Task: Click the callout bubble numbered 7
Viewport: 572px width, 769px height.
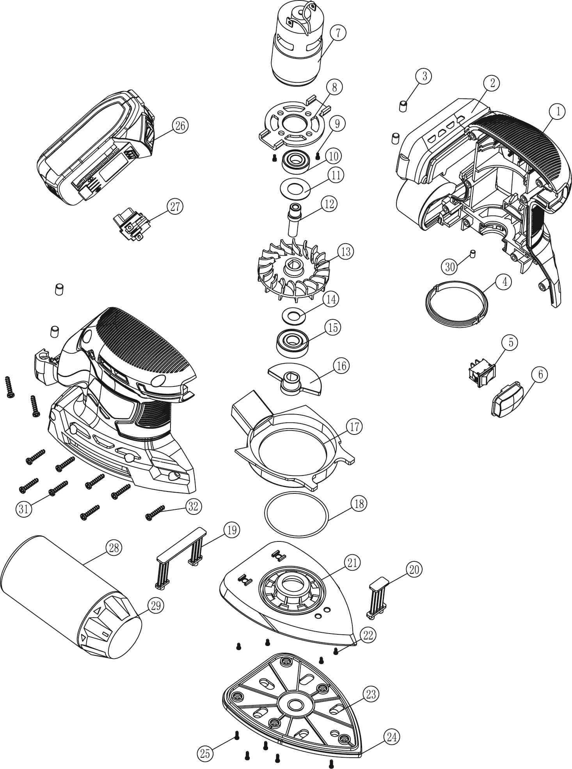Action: coord(338,33)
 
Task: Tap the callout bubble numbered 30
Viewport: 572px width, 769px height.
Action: coord(450,267)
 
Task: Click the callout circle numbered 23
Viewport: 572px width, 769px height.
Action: coord(371,694)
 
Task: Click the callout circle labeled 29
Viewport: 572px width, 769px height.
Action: coord(155,605)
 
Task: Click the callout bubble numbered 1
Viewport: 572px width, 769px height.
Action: coord(558,111)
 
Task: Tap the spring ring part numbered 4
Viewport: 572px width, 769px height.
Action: coord(456,302)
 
